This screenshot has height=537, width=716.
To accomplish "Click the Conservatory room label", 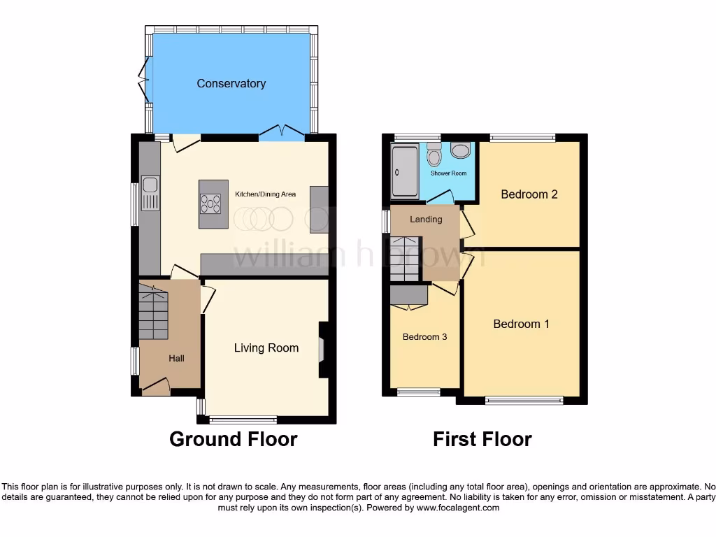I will [x=231, y=83].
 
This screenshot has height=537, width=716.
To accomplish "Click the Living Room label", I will [x=266, y=348].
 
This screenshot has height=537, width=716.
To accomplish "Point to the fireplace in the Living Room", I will [x=322, y=350].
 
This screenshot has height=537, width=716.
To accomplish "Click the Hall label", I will [x=176, y=358].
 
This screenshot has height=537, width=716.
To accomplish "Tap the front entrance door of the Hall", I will [x=155, y=385].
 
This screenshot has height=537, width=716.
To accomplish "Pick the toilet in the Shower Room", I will [x=434, y=155].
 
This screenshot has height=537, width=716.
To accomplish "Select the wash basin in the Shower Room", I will [x=461, y=149].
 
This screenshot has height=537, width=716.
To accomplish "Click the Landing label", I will [x=426, y=219].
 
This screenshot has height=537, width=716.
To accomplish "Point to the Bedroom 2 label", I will [x=529, y=194].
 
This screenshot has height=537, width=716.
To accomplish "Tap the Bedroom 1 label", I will [x=521, y=324].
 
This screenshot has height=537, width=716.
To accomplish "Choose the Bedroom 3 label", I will [x=424, y=337].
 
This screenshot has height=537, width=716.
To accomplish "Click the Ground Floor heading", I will [x=233, y=439].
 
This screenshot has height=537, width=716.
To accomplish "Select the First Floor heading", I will [x=482, y=439].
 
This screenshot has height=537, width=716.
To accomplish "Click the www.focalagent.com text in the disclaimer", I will [x=457, y=508].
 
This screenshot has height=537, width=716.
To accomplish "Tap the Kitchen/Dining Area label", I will [x=265, y=194].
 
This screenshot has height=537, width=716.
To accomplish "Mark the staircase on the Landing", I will [x=404, y=259].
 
